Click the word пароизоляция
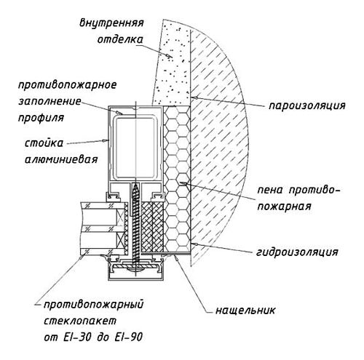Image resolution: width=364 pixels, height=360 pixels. click(306, 106)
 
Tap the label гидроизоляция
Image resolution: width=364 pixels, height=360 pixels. click(297, 252)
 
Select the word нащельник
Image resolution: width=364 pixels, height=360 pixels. click(245, 311)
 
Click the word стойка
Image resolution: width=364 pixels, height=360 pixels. click(44, 143)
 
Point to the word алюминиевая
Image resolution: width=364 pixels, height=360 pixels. click(61, 159)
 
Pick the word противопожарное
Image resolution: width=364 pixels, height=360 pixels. click(68, 85)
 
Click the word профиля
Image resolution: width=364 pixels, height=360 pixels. click(41, 118)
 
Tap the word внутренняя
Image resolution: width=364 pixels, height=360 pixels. click(111, 23)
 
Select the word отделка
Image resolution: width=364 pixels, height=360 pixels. click(120, 39)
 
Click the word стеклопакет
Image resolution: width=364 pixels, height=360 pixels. click(80, 321)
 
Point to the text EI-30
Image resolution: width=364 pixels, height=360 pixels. click(79, 337)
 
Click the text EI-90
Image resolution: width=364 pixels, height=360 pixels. click(127, 337)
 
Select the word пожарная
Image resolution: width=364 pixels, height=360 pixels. click(284, 207)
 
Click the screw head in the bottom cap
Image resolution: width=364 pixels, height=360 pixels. click(135, 268)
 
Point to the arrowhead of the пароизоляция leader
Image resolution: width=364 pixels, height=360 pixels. click(193, 97)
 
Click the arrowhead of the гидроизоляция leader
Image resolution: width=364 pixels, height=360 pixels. click(193, 244)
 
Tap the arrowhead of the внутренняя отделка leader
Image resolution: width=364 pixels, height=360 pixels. click(170, 56)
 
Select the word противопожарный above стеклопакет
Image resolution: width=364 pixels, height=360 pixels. click(93, 305)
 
